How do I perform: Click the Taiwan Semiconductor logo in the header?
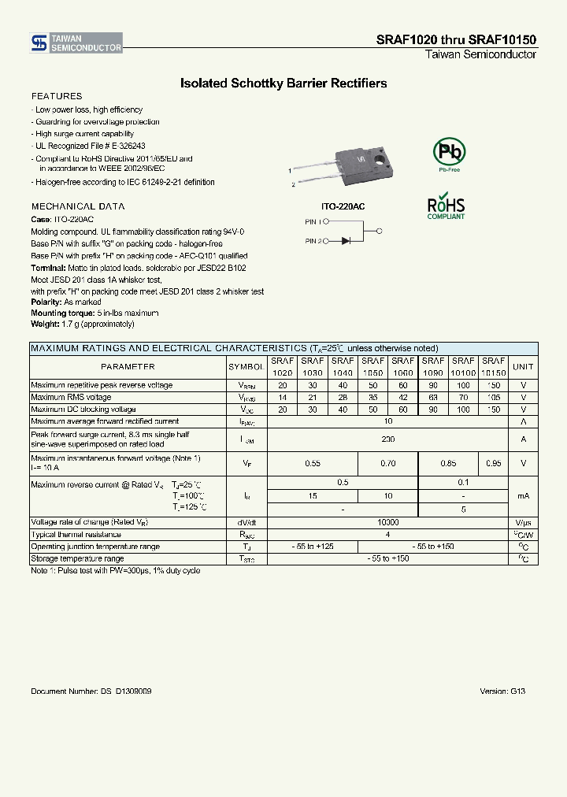pyautogui.click(x=76, y=43)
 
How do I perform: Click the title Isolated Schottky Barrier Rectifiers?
pyautogui.click(x=283, y=83)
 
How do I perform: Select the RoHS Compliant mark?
pyautogui.click(x=446, y=206)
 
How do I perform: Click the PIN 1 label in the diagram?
pyautogui.click(x=313, y=222)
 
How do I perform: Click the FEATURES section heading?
pyautogui.click(x=56, y=96)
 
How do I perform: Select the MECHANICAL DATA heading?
pyautogui.click(x=77, y=206)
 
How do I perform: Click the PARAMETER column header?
pyautogui.click(x=128, y=367)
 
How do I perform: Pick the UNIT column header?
pyautogui.click(x=523, y=367)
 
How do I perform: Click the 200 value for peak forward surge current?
pyautogui.click(x=387, y=439)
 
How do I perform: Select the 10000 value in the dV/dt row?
pyautogui.click(x=387, y=522)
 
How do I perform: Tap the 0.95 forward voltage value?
pyautogui.click(x=493, y=464)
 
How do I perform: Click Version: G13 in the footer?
pyautogui.click(x=502, y=691)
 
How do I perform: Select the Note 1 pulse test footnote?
pyautogui.click(x=115, y=570)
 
